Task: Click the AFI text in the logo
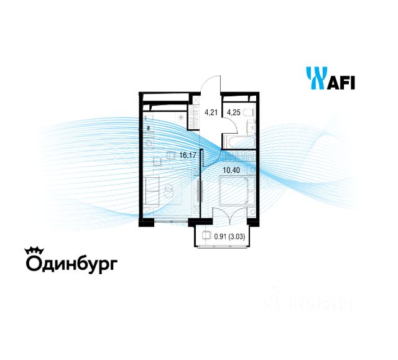coord(341,81)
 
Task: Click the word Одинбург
coord(70,264)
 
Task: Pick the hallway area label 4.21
coord(211,113)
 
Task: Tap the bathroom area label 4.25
coord(234,113)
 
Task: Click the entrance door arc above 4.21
coord(212,84)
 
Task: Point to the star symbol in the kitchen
coord(181,116)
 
